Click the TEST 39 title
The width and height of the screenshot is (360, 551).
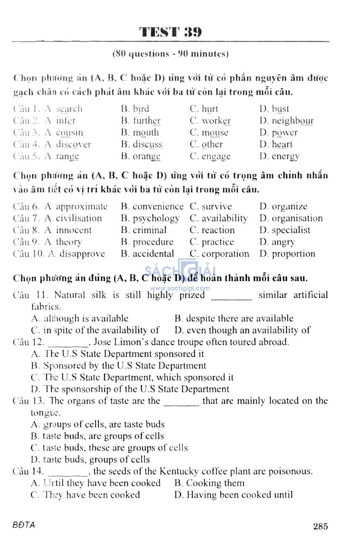pyautogui.click(x=171, y=32)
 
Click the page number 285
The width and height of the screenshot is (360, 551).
pyautogui.click(x=320, y=526)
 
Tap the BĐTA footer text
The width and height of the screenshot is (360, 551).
pyautogui.click(x=24, y=525)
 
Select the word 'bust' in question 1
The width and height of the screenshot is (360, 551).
pyautogui.click(x=280, y=109)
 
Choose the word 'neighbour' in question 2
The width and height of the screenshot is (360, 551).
pyautogui.click(x=292, y=121)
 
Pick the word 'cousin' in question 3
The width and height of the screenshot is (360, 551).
pyautogui.click(x=70, y=133)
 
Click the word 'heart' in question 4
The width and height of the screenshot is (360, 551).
pyautogui.click(x=282, y=145)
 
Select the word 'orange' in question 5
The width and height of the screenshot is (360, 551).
pyautogui.click(x=147, y=156)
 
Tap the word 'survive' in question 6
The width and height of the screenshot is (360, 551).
pyautogui.click(x=217, y=206)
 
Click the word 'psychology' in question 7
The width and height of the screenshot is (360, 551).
pyautogui.click(x=156, y=218)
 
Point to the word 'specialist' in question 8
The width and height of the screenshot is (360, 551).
pyautogui.click(x=291, y=230)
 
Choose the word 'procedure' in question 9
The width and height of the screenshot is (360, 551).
pyautogui.click(x=153, y=242)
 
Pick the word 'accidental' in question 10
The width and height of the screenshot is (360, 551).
pyautogui.click(x=153, y=254)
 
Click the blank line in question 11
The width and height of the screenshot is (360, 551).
pyautogui.click(x=231, y=298)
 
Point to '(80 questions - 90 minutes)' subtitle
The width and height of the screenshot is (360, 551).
pyautogui.click(x=171, y=54)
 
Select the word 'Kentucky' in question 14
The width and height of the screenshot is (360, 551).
pyautogui.click(x=179, y=471)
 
